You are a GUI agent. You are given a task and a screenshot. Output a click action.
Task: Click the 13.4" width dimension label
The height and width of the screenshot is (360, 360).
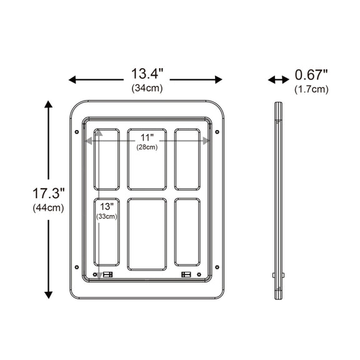tap(147, 74)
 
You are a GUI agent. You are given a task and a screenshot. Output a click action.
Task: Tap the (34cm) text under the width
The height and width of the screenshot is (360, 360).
tap(147, 88)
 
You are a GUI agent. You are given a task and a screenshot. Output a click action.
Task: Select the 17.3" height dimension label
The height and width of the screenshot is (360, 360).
tap(49, 193)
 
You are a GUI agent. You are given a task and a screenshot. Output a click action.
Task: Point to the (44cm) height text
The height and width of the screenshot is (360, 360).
tap(49, 208)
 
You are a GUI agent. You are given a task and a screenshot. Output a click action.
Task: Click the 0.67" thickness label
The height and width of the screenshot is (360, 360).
tap(311, 75)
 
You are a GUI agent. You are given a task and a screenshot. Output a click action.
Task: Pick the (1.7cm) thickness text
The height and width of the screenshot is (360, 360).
tap(311, 89)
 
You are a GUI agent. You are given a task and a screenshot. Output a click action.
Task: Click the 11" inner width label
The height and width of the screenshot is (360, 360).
tap(147, 137)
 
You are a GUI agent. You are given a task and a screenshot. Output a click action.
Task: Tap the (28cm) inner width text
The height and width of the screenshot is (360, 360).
tap(147, 147)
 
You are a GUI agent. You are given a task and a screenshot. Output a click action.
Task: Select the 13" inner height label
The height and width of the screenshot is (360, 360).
tap(107, 207)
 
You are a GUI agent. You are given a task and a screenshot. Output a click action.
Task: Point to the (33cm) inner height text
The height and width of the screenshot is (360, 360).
tap(107, 216)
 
